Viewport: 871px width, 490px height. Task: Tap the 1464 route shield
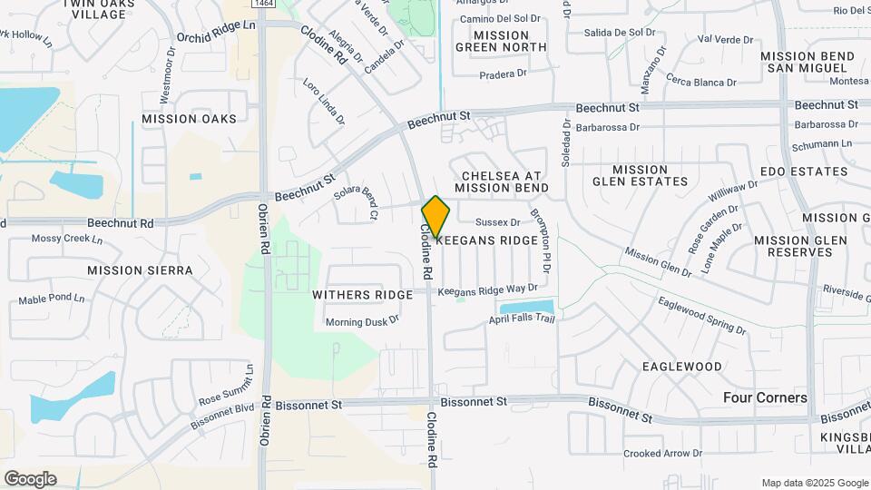tap(264, 5)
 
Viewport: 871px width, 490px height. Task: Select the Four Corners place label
tap(765, 397)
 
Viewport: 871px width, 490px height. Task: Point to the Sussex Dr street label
tap(497, 221)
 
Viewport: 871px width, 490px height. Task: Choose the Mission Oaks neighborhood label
tap(189, 119)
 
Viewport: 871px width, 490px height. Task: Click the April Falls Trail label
tap(521, 319)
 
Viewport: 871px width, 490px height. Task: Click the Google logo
tap(30, 479)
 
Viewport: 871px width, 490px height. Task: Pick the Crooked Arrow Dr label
tap(662, 453)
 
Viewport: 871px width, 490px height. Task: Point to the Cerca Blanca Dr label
tap(700, 83)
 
